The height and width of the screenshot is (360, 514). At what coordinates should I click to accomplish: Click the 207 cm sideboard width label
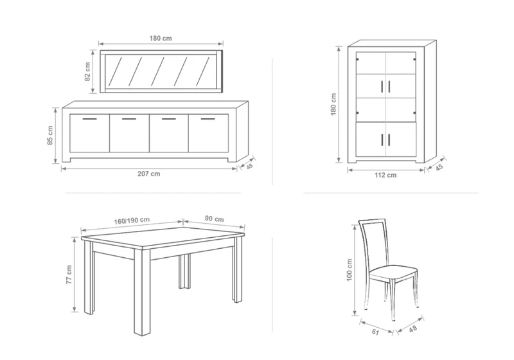point(149,174)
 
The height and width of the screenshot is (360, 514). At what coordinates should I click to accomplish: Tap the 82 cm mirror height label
point(87,72)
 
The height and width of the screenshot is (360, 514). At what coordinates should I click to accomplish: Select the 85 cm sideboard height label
point(50,135)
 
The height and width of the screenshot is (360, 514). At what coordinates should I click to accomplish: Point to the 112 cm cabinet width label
point(385,175)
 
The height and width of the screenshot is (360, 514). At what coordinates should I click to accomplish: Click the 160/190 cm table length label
point(132,221)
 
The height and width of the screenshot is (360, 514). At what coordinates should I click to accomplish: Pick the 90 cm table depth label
point(215,219)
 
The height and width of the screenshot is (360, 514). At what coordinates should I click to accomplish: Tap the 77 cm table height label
point(69,274)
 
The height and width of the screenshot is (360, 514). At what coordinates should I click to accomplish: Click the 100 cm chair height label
point(349,270)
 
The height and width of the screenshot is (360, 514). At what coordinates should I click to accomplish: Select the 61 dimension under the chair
point(375,332)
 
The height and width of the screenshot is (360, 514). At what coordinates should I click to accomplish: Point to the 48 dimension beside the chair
point(413,328)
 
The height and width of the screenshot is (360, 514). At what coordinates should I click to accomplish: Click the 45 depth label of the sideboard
point(250,166)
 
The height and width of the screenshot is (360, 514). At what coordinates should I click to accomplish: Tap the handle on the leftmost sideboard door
point(89,119)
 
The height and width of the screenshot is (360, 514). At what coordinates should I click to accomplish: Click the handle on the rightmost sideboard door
point(208,119)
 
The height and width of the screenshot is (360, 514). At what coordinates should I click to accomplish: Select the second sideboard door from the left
point(129,133)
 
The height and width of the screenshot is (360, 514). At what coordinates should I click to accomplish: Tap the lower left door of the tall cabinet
point(371,139)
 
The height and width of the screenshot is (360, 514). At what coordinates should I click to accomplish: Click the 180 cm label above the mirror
point(161,39)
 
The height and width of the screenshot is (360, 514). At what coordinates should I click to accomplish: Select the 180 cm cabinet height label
point(333,104)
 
